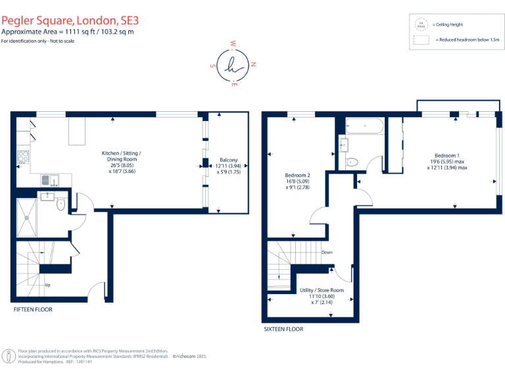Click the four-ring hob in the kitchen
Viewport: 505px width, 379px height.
[22, 157]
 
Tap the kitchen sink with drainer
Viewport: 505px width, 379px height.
[49, 180]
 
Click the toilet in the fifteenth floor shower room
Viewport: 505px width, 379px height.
[60, 204]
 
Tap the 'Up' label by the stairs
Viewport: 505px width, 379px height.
[47, 285]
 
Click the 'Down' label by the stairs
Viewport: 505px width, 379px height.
[327, 252]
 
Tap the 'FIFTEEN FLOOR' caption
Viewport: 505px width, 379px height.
[33, 309]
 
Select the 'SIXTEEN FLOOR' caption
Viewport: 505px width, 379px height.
[283, 329]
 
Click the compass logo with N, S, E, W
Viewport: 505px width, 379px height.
[233, 64]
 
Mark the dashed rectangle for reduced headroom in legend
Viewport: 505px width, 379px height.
[421, 39]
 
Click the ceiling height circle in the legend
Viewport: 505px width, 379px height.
[421, 24]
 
